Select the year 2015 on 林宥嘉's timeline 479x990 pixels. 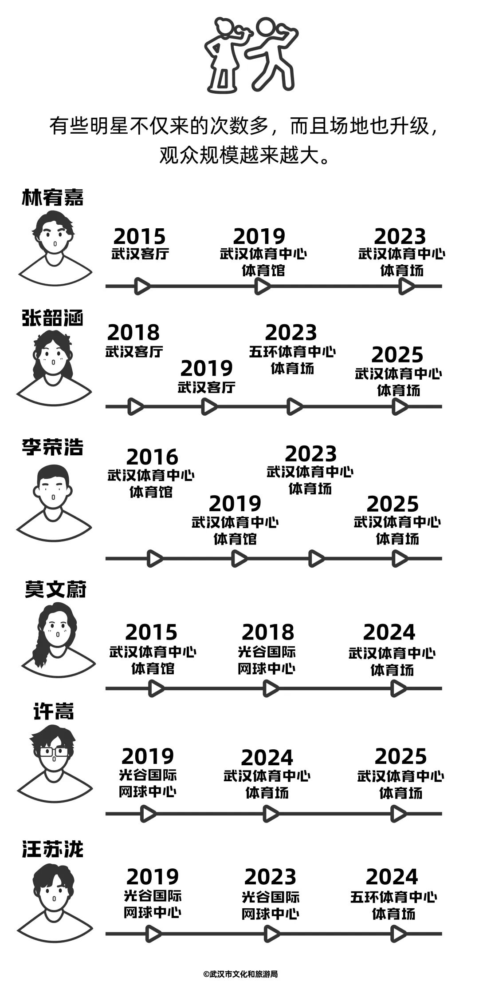click(x=139, y=236)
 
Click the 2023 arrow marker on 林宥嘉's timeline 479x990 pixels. click(x=406, y=286)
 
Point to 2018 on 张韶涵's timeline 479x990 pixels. click(x=133, y=333)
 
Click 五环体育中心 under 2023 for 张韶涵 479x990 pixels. click(x=292, y=352)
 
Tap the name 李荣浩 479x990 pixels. click(x=52, y=448)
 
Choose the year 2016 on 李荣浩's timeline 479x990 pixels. click(x=152, y=457)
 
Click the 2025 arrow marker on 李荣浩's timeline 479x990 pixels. click(x=400, y=558)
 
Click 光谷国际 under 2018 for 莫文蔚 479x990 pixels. click(x=267, y=652)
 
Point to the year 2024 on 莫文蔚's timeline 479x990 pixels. click(x=389, y=632)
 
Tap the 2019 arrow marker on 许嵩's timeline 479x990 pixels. click(x=148, y=814)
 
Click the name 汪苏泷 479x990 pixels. click(x=52, y=849)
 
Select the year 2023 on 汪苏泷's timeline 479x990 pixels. click(x=270, y=877)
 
